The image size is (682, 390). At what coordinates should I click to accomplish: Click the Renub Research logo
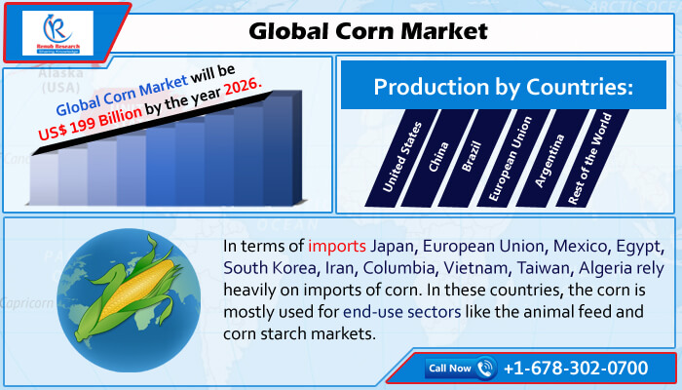(57, 33)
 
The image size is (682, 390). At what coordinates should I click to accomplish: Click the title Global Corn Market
(368, 31)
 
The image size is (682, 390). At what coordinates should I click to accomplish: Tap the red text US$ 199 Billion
(90, 123)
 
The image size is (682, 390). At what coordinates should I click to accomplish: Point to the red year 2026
(243, 88)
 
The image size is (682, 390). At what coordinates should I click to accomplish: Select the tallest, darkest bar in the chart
(282, 148)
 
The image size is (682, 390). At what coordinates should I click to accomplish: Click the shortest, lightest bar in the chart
(44, 177)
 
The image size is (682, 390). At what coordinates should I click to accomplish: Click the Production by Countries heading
(504, 87)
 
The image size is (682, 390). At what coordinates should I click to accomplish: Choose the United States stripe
(402, 158)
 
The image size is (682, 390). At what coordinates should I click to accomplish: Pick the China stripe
(438, 158)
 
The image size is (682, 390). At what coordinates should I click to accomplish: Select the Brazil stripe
(475, 158)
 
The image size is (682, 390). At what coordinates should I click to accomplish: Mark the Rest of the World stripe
(591, 158)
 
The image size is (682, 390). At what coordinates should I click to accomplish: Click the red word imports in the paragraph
(337, 247)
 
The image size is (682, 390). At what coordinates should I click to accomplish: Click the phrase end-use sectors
(401, 312)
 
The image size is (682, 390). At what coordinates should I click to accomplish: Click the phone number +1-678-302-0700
(576, 369)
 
